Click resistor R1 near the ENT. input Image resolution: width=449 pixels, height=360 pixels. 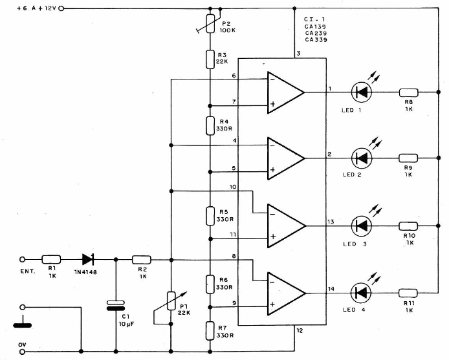tap(50, 260)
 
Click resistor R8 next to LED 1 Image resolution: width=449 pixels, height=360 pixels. tap(408, 92)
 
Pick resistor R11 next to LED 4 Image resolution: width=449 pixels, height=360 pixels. tap(408, 293)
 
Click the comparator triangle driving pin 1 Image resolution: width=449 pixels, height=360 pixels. tap(285, 92)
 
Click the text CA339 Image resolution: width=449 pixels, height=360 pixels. tap(315, 40)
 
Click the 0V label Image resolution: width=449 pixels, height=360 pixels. tap(21, 346)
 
